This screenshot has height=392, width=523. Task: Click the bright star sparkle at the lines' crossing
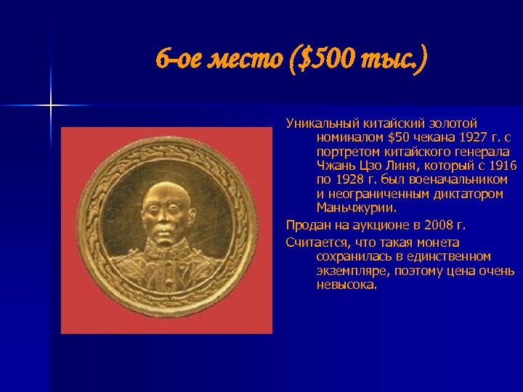click(51, 106)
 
